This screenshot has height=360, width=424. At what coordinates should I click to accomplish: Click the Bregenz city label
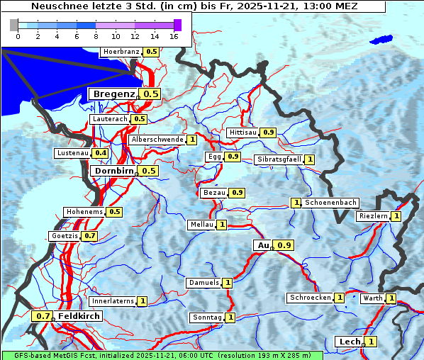[x=113, y=94]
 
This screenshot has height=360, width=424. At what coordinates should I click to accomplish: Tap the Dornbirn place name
[x=113, y=171]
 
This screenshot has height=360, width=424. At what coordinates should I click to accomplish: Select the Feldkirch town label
[x=74, y=316]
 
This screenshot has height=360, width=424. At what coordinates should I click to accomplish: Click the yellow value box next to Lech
[x=370, y=342]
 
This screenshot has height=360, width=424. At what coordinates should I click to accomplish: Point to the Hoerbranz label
[x=121, y=52]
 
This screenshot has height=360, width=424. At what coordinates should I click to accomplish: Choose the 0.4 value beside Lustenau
[x=101, y=153]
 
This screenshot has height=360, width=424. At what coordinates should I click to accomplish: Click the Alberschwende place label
[x=157, y=140]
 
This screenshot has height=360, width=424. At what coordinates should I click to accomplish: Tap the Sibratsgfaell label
[x=279, y=159]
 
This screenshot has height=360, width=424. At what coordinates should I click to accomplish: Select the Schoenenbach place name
[x=330, y=203]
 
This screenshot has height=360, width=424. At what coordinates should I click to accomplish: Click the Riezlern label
[x=373, y=216]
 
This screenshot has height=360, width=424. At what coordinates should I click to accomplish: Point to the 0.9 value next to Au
[x=284, y=245]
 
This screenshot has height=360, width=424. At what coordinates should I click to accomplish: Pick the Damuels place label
[x=203, y=283]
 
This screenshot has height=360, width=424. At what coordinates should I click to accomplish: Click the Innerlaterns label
[x=113, y=301]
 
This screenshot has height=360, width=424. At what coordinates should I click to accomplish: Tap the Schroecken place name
[x=310, y=298]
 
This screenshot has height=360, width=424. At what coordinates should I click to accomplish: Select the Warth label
[x=372, y=299]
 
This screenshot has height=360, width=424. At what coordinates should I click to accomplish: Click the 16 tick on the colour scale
[x=174, y=36]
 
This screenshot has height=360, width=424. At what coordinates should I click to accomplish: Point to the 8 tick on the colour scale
[x=96, y=36]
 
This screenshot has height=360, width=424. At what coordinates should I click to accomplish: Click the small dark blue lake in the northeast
[x=383, y=40]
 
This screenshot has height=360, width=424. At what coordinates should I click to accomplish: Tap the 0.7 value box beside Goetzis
[x=89, y=236]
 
